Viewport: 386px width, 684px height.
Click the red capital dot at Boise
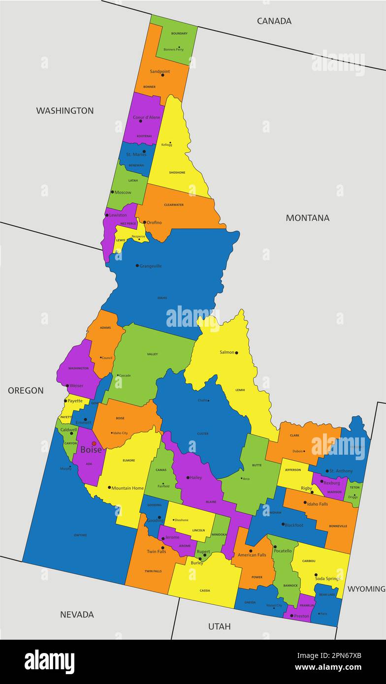(94, 443)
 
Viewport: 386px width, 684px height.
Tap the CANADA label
(274, 21)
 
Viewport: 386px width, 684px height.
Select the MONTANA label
(308, 218)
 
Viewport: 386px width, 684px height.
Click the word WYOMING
(366, 589)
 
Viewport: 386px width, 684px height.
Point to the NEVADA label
(77, 614)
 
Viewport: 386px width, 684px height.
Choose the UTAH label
(219, 626)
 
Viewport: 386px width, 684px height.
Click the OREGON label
(26, 390)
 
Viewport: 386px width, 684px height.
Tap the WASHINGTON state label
(64, 110)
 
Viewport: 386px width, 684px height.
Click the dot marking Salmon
(236, 352)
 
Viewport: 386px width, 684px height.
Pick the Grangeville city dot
(137, 266)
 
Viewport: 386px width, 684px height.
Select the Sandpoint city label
(160, 71)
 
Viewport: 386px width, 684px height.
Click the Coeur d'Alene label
(146, 117)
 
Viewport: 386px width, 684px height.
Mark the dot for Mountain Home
(109, 488)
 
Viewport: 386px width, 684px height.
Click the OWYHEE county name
(80, 535)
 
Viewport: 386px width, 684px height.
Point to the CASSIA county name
(205, 591)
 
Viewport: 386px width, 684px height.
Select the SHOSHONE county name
(177, 172)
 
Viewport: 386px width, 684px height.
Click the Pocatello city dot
(275, 547)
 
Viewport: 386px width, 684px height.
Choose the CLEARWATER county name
(174, 205)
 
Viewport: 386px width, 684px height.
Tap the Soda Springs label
(328, 578)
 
